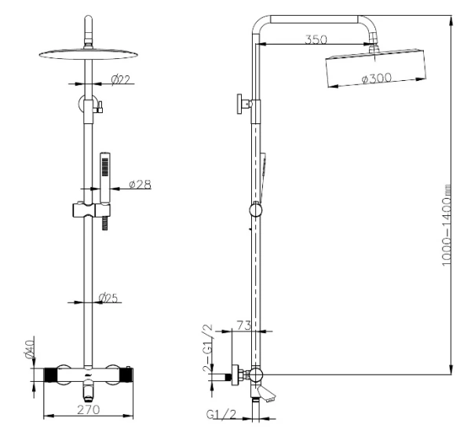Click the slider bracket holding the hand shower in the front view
(92, 211)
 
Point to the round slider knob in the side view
(254, 210)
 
